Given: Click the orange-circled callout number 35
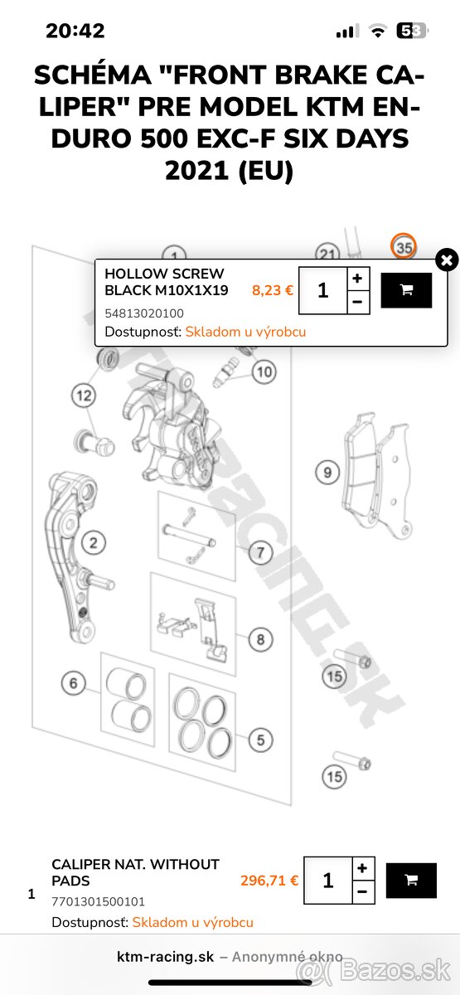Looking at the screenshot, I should coord(404,247).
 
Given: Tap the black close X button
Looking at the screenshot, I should coord(447,260).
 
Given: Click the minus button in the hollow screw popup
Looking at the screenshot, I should coord(357,302).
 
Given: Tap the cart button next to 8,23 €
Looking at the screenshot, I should coord(406,290).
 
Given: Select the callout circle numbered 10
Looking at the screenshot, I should coord(264,372).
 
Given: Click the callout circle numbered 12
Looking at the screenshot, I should coord(84,396).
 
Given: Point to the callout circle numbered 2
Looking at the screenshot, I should coord(94,544).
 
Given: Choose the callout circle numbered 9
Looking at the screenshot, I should coord(327,473).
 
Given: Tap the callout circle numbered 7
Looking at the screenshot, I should coord(259,551).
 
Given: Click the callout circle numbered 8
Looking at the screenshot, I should coord(260,639).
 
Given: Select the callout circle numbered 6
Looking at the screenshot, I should coord(74,684).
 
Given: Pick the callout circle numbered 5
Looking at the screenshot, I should coord(260,740).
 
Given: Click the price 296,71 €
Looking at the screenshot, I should coord(269,881).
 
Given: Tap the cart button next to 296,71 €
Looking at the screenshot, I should coord(411,881).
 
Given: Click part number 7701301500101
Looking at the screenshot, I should coord(98,901).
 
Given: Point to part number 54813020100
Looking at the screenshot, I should coord(144,313).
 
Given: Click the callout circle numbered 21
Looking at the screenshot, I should coord(328,255).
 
